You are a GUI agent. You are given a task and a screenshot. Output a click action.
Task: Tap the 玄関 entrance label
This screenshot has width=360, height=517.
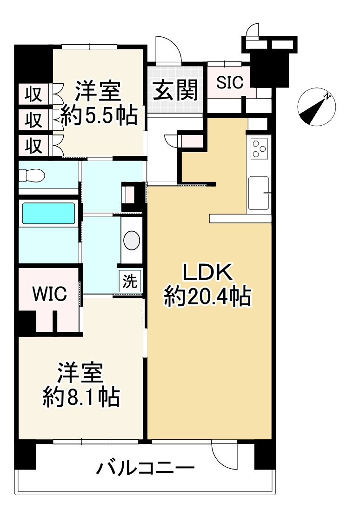pyautogui.click(x=176, y=89)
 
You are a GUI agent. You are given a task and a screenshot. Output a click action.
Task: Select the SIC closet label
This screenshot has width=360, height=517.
pyautogui.click(x=230, y=82)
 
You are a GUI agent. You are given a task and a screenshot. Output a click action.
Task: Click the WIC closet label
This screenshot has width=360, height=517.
pyautogui.click(x=49, y=294)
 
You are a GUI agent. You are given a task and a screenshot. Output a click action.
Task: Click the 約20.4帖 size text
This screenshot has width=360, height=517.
pyautogui.click(x=207, y=296)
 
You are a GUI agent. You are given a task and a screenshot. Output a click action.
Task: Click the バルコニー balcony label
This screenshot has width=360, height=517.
pyautogui.click(x=145, y=468)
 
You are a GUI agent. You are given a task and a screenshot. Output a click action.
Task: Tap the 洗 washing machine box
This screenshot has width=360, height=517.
pyautogui.click(x=130, y=281)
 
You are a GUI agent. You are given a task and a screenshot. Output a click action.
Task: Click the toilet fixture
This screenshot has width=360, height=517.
pyautogui.click(x=32, y=175)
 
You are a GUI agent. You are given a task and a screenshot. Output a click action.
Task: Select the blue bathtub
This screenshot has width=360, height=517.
pyautogui.click(x=49, y=213)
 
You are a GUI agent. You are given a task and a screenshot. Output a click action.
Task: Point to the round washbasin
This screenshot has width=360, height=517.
pyautogui.click(x=132, y=240)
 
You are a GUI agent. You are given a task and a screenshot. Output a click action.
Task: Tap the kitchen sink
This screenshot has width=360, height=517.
pyautogui.click(x=258, y=193)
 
